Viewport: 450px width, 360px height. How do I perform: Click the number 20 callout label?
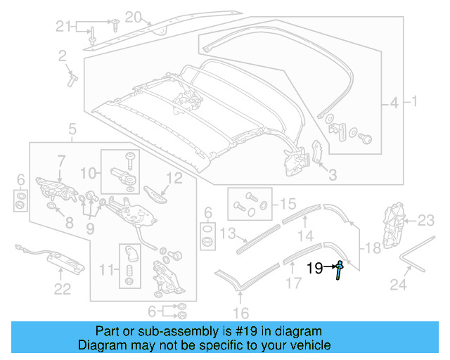pos(134,16)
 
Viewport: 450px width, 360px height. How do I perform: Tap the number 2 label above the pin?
pos(62,55)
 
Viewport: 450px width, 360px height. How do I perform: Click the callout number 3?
pos(333,174)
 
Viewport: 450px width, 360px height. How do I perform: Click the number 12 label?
pos(174,179)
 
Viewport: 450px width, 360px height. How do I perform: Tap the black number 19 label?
pos(314,267)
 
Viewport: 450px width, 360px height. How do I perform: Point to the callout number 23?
pos(427,221)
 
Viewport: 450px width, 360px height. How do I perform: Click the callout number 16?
pos(241,314)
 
